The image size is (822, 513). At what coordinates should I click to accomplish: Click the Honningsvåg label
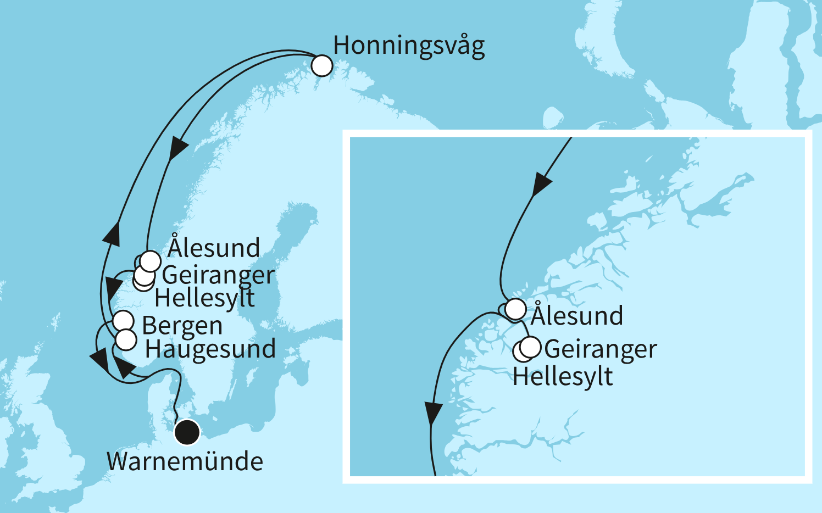(409, 46)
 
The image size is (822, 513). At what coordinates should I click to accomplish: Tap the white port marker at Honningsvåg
(322, 66)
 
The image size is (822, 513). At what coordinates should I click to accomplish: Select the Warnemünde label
(185, 461)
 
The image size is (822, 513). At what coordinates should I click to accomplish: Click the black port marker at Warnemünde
(187, 432)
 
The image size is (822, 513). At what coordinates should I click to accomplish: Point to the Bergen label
(182, 326)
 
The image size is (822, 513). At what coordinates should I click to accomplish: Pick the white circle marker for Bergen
(123, 321)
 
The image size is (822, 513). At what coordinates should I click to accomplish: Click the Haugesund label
(210, 350)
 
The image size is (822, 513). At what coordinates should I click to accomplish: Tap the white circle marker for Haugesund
(126, 340)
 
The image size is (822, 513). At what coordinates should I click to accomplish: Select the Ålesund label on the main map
(214, 248)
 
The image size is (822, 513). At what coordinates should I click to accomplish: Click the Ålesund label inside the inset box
(577, 316)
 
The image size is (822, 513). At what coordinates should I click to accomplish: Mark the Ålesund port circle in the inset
(515, 309)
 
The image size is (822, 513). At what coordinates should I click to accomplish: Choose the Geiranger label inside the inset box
(601, 349)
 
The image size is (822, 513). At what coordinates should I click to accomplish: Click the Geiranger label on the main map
(218, 275)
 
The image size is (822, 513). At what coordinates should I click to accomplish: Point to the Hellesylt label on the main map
(204, 298)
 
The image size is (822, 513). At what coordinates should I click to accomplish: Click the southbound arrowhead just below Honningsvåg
(178, 149)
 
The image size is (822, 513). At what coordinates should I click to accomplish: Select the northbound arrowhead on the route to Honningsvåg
(112, 233)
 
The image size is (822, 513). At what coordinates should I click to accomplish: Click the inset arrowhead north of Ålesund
(541, 185)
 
